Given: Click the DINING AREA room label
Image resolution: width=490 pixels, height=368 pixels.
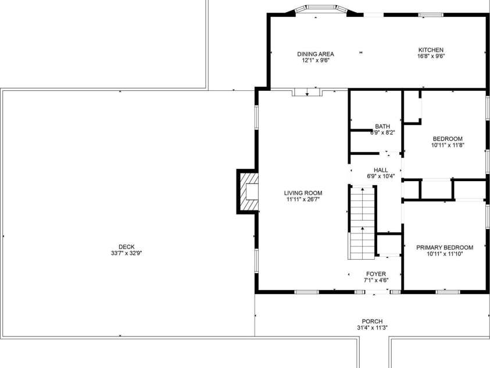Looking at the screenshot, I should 316,54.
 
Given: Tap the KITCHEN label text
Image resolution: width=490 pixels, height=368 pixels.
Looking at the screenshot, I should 431,50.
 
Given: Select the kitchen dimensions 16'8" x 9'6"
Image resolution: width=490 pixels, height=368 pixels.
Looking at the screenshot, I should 431,56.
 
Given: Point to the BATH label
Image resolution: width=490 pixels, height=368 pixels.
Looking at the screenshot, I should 382,126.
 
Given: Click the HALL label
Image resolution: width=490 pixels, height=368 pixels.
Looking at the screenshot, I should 381,170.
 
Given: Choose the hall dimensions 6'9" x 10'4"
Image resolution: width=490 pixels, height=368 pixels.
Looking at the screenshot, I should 381,176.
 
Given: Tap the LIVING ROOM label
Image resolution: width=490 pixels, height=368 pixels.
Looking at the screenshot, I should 303,193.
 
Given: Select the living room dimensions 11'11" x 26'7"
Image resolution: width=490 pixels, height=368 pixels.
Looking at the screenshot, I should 303,200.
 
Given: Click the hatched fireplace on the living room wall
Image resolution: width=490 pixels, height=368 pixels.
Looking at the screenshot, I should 247,191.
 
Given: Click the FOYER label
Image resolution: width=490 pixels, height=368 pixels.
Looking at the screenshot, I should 375,274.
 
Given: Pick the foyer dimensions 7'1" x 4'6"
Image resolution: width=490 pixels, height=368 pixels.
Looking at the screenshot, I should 375,280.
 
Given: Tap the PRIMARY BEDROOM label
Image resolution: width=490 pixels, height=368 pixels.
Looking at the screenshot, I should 445,247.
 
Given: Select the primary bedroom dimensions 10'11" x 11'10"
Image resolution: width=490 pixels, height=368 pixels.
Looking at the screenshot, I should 445,254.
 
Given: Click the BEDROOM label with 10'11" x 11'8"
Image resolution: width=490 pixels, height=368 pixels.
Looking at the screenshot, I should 447,139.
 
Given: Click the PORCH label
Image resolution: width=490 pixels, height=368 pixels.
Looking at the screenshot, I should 372,321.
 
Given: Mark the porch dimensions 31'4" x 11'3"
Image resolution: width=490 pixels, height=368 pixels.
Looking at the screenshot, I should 372,328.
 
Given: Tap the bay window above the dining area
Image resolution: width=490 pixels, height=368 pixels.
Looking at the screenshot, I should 321,9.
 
